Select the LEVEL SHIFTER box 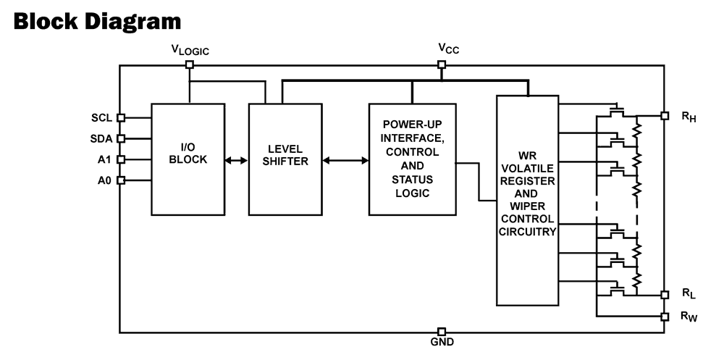click(x=285, y=159)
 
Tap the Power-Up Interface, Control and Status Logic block click(x=412, y=159)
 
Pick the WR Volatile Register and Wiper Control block click(x=527, y=199)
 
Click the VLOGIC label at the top click(x=190, y=50)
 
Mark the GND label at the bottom click(x=442, y=343)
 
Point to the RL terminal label click(x=689, y=295)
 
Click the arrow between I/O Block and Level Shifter click(x=236, y=160)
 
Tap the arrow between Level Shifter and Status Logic click(x=345, y=160)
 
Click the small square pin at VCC click(x=442, y=64)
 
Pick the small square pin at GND click(x=442, y=332)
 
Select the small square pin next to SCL click(x=121, y=117)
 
